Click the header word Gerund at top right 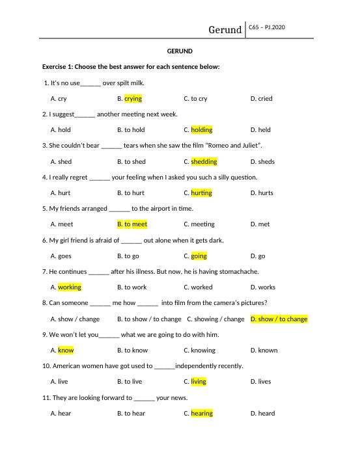[x=225, y=30]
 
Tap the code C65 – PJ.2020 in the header [x=267, y=27]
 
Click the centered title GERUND [x=180, y=51]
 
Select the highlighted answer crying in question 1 [x=133, y=99]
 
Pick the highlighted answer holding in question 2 [x=202, y=130]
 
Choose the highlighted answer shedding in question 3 [x=204, y=162]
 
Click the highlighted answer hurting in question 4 [x=202, y=193]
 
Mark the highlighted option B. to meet [x=132, y=224]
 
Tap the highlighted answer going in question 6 [x=199, y=256]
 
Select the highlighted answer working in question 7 [x=70, y=287]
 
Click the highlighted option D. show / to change [x=279, y=319]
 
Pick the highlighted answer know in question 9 [x=66, y=351]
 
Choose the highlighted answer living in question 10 [x=199, y=382]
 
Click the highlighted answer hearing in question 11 [x=202, y=414]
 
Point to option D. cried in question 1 [x=261, y=99]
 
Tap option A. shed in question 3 [x=61, y=162]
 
